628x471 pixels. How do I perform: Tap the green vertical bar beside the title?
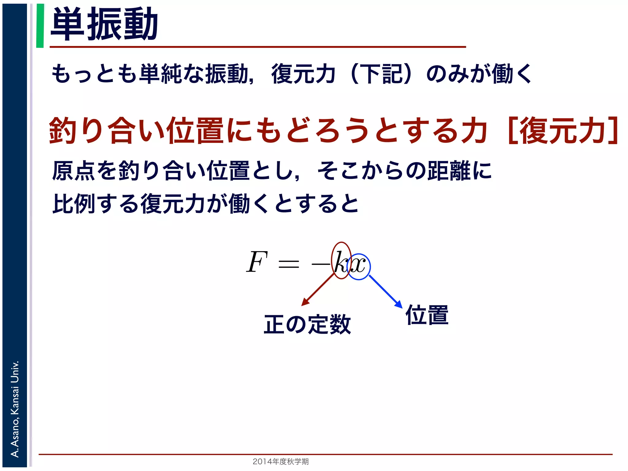click(x=40, y=26)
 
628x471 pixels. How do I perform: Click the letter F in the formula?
click(x=257, y=262)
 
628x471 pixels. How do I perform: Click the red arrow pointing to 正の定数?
click(x=318, y=289)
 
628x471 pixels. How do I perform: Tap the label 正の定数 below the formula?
click(x=307, y=324)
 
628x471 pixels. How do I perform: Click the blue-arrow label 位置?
click(x=427, y=315)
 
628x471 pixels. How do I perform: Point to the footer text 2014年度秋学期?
click(x=281, y=461)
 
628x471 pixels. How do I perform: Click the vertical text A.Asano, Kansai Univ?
click(x=15, y=409)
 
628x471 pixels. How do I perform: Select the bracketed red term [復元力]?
click(x=563, y=131)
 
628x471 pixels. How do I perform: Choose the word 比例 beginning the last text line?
click(x=74, y=204)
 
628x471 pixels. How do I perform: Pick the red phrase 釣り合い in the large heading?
click(x=107, y=131)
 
